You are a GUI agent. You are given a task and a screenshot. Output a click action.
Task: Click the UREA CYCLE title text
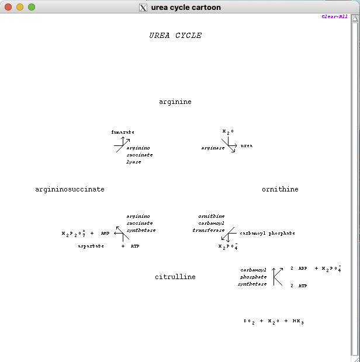[175, 36]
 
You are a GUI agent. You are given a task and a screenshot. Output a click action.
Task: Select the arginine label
[175, 102]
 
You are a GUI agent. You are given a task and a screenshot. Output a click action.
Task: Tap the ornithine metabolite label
[280, 189]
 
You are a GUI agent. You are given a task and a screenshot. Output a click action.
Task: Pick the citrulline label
[175, 277]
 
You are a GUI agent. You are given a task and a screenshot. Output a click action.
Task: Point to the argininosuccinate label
[70, 189]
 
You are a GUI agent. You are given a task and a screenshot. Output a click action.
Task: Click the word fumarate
[123, 132]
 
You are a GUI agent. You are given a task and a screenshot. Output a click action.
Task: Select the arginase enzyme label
[213, 148]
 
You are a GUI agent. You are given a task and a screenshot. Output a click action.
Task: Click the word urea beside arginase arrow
[247, 145]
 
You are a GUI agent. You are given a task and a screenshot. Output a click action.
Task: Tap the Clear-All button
[334, 16]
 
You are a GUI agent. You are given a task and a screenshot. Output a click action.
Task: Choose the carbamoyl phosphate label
[267, 233]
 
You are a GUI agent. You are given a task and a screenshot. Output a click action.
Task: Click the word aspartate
[91, 246]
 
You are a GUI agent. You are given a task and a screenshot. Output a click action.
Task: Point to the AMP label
[105, 233]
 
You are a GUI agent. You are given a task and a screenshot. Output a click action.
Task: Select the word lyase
[134, 162]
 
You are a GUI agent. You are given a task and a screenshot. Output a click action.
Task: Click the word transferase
[208, 230]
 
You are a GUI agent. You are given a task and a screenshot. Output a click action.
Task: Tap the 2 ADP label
[299, 269]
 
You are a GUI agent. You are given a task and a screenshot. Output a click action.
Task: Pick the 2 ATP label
[299, 286]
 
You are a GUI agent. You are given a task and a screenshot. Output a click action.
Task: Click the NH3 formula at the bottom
[298, 321]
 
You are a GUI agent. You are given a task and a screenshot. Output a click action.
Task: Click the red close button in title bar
[8, 7]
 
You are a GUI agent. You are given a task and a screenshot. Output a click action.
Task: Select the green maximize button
[32, 7]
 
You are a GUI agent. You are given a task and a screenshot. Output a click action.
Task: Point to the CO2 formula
[249, 321]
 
